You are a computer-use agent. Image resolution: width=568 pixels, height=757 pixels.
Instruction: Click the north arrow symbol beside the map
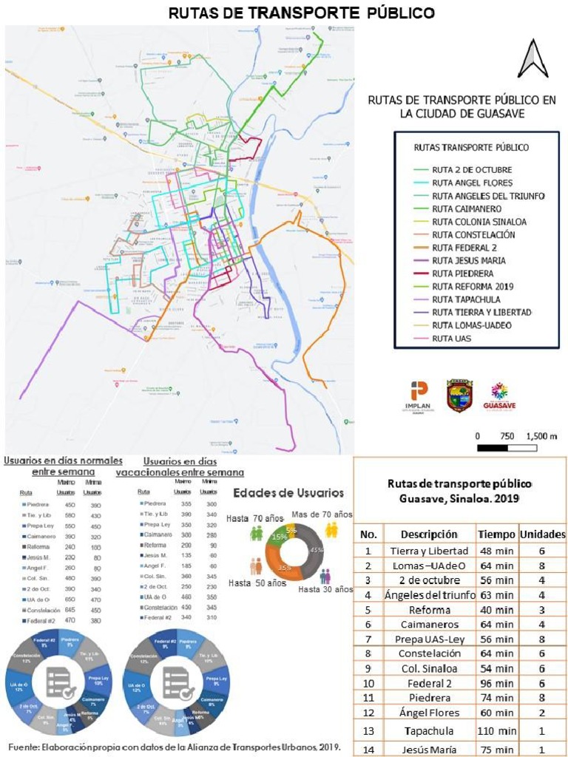532,59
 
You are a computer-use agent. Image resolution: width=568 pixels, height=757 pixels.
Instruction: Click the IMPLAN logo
418,396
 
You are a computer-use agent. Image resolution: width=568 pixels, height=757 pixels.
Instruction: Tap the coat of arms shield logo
459,396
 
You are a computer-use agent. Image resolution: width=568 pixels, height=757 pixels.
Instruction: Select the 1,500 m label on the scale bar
541,436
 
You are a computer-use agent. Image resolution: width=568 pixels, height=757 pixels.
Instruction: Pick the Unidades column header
542,534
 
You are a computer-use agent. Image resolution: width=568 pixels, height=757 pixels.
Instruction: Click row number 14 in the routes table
368,749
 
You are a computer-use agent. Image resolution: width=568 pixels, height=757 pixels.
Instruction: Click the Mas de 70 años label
322,515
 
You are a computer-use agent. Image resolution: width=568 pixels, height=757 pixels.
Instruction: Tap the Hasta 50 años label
256,583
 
